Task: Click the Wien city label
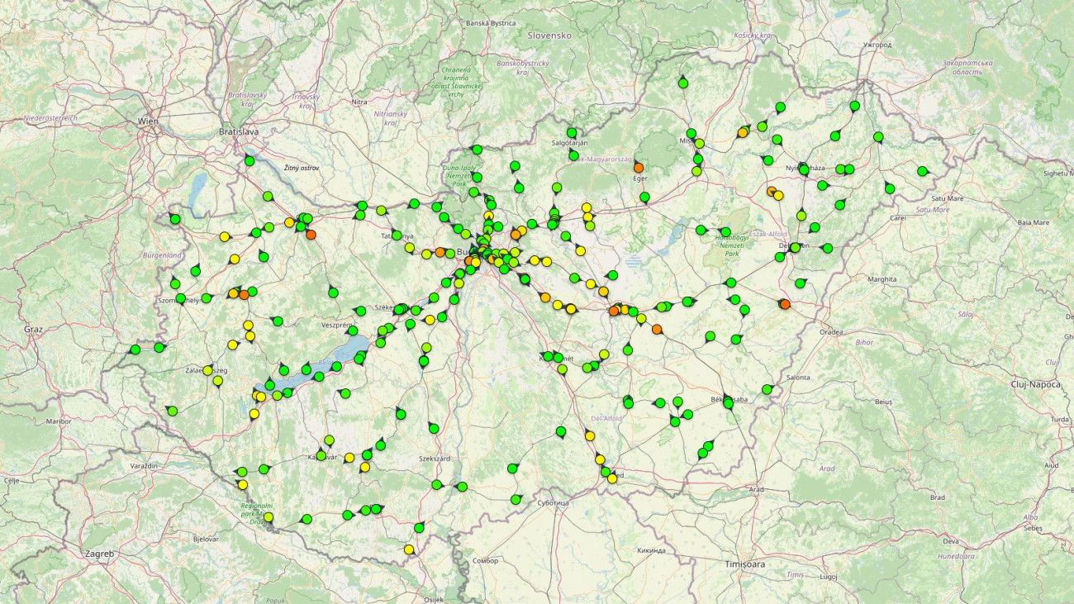[x=148, y=121]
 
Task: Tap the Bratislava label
[x=239, y=131]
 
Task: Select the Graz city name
[x=33, y=329]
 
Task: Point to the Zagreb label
[x=98, y=554]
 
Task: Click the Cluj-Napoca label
[x=1039, y=383]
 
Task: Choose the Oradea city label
[x=831, y=332]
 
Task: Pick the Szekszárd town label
[x=435, y=458]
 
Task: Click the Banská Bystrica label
[x=491, y=23]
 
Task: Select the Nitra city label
[x=359, y=102]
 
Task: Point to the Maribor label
[x=59, y=421]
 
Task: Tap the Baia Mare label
[x=1034, y=222]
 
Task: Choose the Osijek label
[x=433, y=599]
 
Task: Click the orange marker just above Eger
[x=639, y=168]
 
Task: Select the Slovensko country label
[x=549, y=36]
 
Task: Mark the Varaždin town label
[x=144, y=466]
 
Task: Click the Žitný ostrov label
[x=302, y=168]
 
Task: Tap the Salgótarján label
[x=569, y=143]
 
